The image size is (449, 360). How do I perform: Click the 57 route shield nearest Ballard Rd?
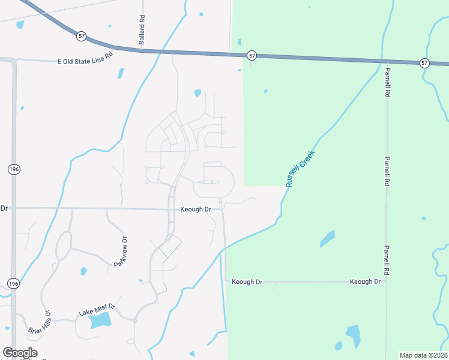(82, 36)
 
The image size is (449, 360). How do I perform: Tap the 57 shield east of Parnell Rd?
(424, 63)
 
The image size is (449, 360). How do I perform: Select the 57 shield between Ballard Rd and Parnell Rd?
(252, 55)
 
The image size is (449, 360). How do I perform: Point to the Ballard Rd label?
(142, 30)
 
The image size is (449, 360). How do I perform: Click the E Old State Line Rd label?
(85, 61)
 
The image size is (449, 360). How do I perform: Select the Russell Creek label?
(300, 169)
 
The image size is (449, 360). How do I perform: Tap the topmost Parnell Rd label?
(388, 82)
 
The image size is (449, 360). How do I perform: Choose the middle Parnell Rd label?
(388, 171)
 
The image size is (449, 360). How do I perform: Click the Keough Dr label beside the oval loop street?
(196, 209)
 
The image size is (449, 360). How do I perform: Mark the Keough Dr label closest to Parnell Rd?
(365, 281)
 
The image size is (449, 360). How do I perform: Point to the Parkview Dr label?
(121, 253)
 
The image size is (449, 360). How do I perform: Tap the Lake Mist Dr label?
(97, 310)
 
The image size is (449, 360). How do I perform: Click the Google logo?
(20, 353)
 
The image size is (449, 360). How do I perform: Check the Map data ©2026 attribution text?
(423, 355)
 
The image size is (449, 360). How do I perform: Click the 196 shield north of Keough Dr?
(13, 170)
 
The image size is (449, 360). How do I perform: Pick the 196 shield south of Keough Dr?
(13, 283)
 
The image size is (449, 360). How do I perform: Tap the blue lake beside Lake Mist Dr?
(100, 320)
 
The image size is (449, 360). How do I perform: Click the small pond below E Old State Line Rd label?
(121, 74)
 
